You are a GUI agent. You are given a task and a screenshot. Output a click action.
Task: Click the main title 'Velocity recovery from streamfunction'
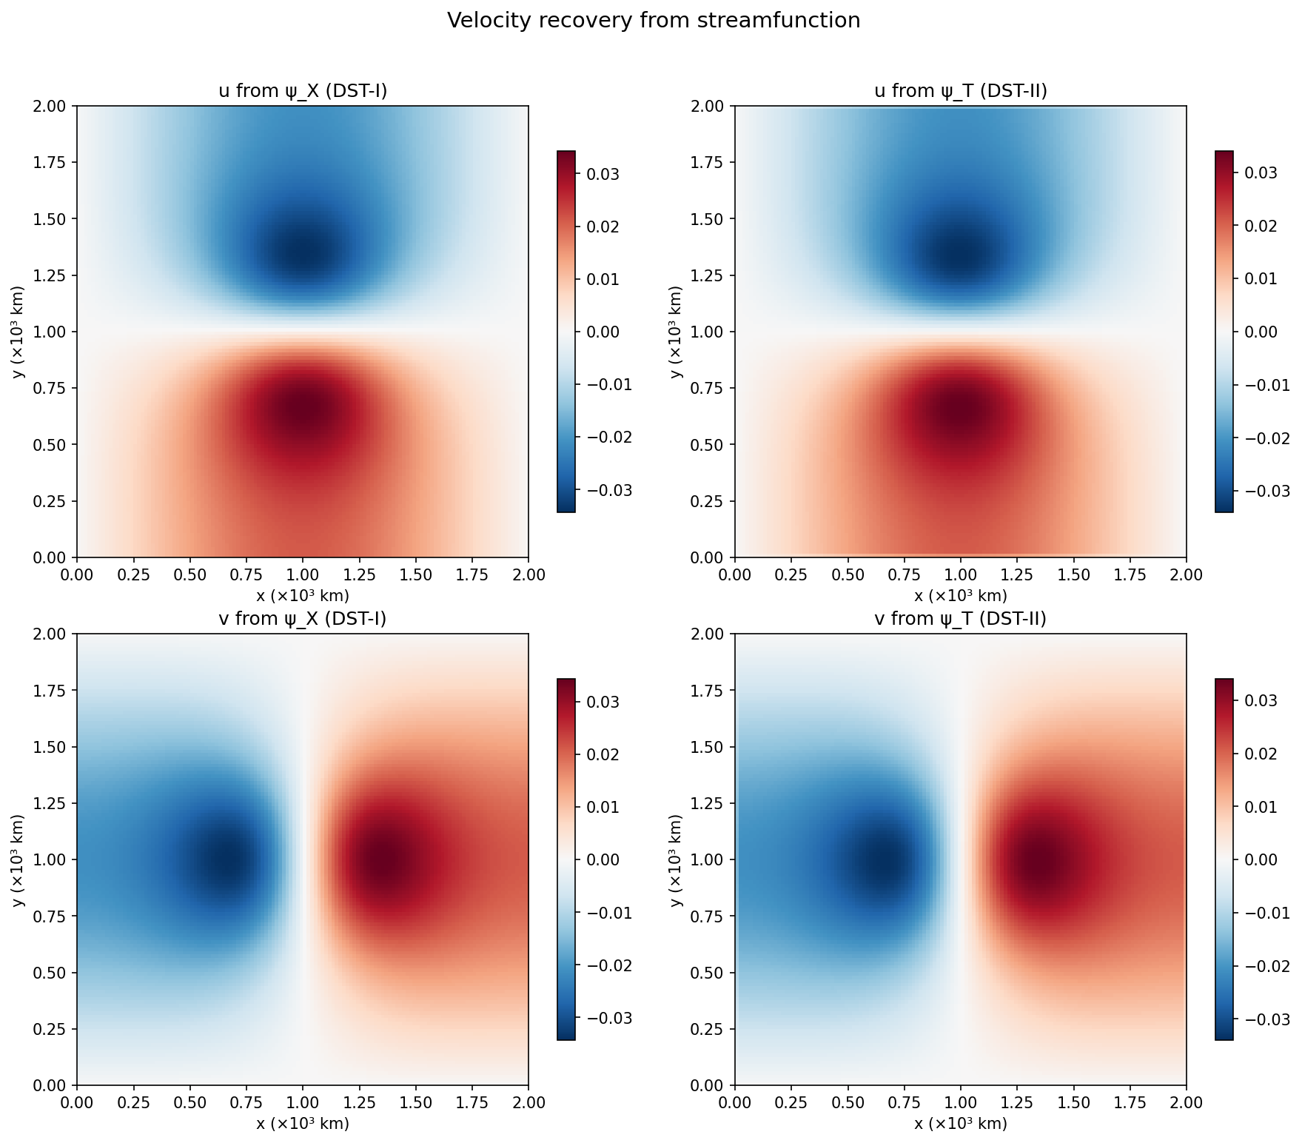pyautogui.click(x=653, y=21)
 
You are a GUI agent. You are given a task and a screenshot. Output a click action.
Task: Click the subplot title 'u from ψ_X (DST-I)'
pyautogui.click(x=303, y=91)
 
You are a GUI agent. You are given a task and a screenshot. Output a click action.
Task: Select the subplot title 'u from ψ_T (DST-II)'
pyautogui.click(x=960, y=91)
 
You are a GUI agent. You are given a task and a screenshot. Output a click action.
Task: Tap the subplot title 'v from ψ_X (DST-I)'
pyautogui.click(x=303, y=619)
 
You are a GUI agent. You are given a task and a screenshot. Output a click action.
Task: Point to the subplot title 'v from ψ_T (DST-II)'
pyautogui.click(x=960, y=619)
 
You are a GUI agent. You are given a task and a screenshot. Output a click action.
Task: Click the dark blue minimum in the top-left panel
pyautogui.click(x=302, y=252)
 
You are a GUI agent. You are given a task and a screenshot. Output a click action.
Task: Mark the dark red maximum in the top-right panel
pyautogui.click(x=960, y=412)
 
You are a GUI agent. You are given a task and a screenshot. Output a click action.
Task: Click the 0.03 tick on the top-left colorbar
pyautogui.click(x=603, y=175)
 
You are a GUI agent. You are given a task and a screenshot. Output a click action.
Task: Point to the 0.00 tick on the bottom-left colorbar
pyautogui.click(x=603, y=860)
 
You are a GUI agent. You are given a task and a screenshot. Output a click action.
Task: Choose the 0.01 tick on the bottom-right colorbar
pyautogui.click(x=1262, y=807)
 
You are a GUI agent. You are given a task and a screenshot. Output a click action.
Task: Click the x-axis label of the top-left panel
pyautogui.click(x=303, y=596)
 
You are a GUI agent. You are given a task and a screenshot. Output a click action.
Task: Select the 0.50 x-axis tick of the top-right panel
pyautogui.click(x=848, y=575)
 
